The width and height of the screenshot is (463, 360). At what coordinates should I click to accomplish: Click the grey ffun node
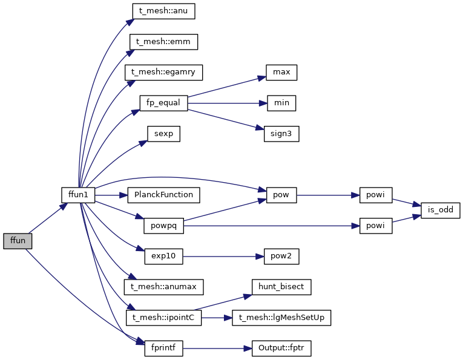[18, 241]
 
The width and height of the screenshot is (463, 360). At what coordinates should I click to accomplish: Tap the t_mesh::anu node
[163, 11]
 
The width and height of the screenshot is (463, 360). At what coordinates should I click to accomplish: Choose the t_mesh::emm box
[163, 42]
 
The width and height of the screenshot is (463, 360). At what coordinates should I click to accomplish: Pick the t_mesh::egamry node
[163, 72]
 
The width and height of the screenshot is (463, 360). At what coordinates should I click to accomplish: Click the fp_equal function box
[163, 103]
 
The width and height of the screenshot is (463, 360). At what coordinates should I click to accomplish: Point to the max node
[281, 73]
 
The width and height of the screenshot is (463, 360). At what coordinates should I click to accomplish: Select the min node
[281, 103]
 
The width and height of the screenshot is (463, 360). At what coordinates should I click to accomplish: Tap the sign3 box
[281, 134]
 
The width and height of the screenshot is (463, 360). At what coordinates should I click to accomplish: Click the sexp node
[163, 134]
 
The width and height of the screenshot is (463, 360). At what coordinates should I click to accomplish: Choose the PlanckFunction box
[163, 195]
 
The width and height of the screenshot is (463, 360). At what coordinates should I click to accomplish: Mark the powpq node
[163, 226]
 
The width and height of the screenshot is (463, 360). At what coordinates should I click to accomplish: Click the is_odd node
[441, 211]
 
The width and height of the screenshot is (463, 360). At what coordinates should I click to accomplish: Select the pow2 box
[281, 256]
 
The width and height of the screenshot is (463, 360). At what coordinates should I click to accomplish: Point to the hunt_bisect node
[281, 287]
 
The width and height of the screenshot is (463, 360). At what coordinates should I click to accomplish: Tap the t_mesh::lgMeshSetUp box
[281, 317]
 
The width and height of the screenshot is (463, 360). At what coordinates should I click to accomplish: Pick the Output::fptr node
[281, 349]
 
